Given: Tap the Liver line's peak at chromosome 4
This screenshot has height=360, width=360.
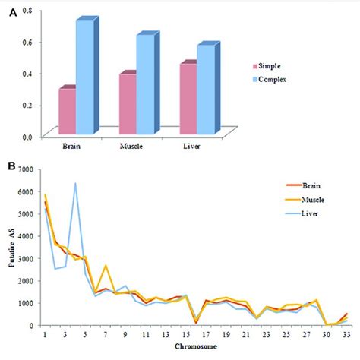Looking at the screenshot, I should point(75,184).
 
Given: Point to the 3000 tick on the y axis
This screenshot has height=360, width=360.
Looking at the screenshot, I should point(23,258).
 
